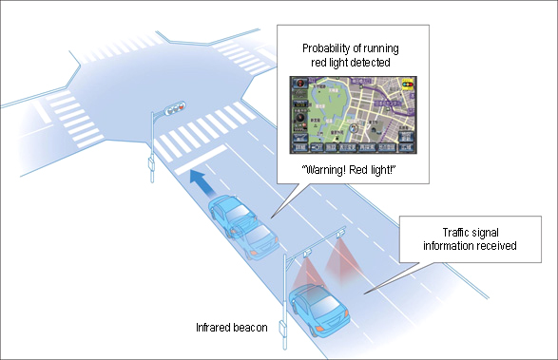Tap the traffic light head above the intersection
[x=175, y=110]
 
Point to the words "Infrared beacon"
[x=229, y=328]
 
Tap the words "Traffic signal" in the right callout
[x=465, y=232]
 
